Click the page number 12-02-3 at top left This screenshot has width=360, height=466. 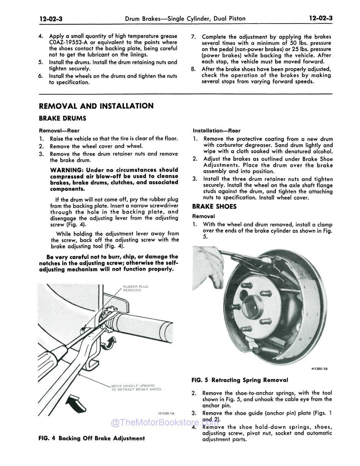click(x=51, y=18)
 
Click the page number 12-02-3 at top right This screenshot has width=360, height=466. click(x=320, y=18)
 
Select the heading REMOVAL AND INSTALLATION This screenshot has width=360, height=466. click(x=96, y=106)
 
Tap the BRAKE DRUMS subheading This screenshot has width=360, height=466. click(x=63, y=118)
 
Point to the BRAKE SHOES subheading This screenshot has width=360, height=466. click(x=214, y=207)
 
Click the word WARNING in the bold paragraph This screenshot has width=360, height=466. click(x=67, y=170)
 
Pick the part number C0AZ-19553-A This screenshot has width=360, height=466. click(x=70, y=42)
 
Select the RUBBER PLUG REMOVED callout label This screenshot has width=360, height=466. click(x=135, y=288)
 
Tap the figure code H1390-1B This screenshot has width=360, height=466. click(x=319, y=368)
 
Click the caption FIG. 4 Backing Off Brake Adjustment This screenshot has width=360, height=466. click(x=92, y=438)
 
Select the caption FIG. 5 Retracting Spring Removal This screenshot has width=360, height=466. click(x=240, y=380)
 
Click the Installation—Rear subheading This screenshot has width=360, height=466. click(x=216, y=131)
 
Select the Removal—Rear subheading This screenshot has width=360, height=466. click(x=59, y=131)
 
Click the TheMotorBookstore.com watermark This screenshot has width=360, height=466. click(x=165, y=423)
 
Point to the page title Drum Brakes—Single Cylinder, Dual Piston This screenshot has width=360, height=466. click(x=185, y=18)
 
